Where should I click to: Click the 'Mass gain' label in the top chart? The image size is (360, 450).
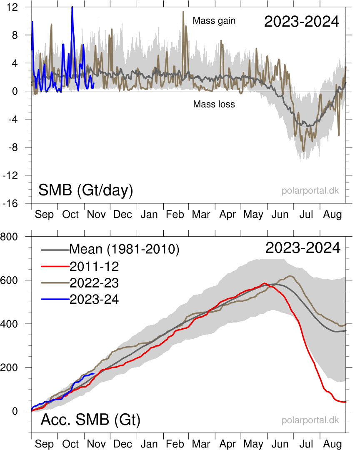pos(214,20)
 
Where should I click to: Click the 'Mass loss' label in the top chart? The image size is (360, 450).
pos(214,104)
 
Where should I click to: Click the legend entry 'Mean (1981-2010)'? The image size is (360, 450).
pos(124,249)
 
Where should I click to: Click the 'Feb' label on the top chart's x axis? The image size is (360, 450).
pos(175,215)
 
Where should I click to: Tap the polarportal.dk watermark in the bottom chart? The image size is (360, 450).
pos(310,420)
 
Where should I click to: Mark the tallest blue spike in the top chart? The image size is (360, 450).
pos(72,7)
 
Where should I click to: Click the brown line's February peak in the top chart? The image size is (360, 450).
pos(183,12)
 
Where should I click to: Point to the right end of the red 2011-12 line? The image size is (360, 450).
pos(346,402)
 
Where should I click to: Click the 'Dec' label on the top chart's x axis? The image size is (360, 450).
pos(122,215)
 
